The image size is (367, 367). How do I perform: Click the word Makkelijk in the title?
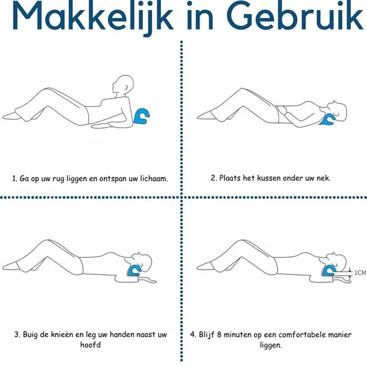(x=93, y=17)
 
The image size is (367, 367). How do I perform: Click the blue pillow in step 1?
(x=141, y=116)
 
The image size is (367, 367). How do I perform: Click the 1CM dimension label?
(x=360, y=273)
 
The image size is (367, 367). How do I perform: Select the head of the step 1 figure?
(x=123, y=85)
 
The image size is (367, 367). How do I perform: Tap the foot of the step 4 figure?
(x=204, y=266)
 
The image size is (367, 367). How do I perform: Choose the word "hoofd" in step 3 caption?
(x=90, y=344)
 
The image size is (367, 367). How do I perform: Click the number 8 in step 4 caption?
(x=219, y=334)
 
